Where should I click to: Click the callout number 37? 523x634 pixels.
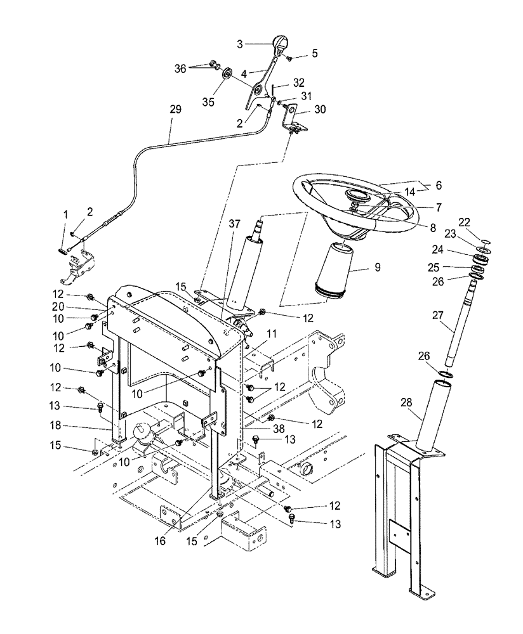[x=234, y=225]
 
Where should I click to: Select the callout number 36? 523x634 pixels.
[x=181, y=68]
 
